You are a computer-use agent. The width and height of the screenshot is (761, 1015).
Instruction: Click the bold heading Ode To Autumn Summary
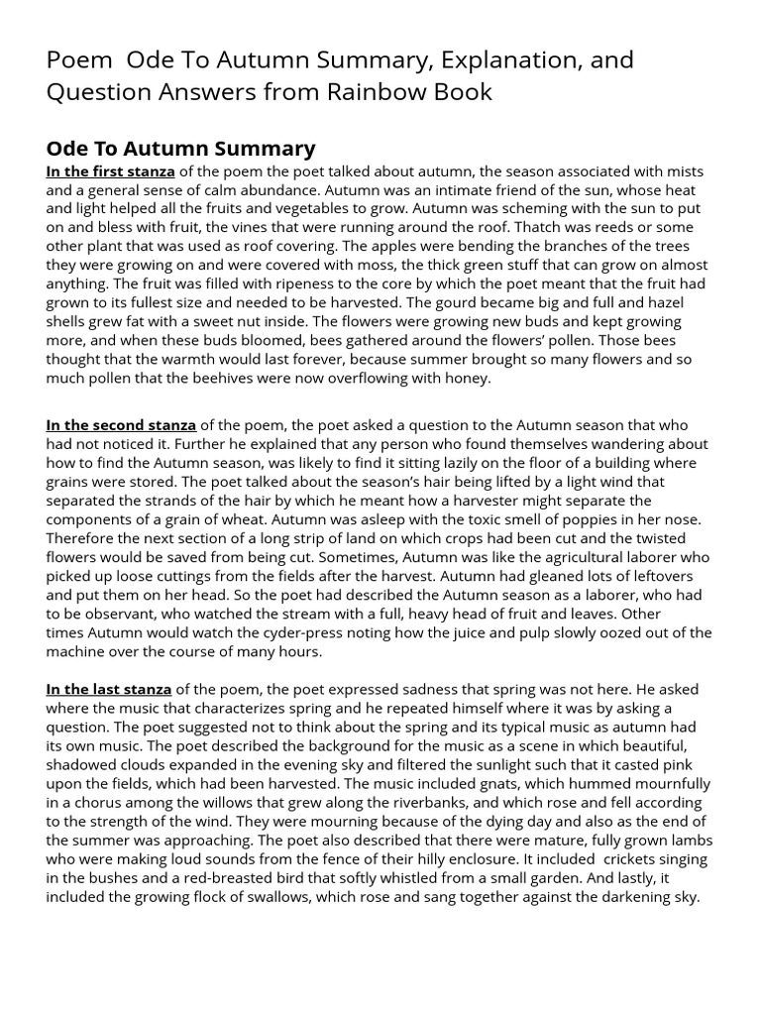pos(180,149)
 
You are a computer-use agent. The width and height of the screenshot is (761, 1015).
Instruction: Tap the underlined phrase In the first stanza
pos(110,171)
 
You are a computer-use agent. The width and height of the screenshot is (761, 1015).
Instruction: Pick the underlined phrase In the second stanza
pos(121,425)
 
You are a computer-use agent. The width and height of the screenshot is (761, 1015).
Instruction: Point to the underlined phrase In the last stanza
pos(109,689)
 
